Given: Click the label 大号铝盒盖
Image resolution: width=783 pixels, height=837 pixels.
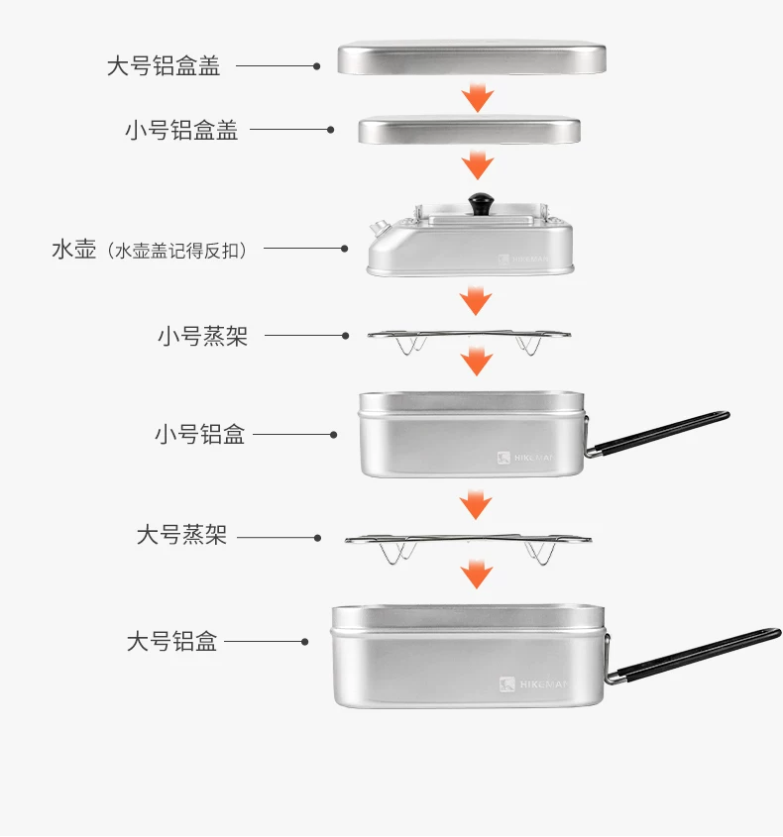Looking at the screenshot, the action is click(x=164, y=66).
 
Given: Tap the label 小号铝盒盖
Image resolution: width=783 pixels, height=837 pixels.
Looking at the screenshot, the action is click(x=181, y=130).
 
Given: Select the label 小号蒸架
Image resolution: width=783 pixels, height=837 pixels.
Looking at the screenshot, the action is click(x=202, y=337).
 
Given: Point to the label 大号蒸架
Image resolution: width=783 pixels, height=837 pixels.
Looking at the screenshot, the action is click(x=181, y=535).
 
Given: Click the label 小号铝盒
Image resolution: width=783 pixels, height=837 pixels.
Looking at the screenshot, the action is click(x=200, y=435).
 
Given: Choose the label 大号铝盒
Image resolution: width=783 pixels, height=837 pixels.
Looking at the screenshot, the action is click(x=171, y=642).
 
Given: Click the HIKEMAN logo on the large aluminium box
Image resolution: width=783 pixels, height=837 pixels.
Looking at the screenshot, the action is click(x=533, y=684).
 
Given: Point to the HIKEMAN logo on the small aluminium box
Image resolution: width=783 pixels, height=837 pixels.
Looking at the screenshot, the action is click(x=525, y=458).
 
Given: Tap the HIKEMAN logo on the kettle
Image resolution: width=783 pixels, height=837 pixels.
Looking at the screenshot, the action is click(x=523, y=260).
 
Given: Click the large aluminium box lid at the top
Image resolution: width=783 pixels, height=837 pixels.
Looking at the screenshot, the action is click(x=472, y=58).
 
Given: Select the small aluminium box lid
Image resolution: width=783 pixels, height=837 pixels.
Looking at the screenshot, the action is click(x=469, y=131).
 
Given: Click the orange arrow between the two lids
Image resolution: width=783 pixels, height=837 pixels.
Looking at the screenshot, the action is click(x=478, y=98).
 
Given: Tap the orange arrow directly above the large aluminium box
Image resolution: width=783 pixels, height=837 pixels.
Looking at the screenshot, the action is click(x=477, y=574).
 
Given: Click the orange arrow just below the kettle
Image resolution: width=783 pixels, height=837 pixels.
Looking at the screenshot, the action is click(x=476, y=300).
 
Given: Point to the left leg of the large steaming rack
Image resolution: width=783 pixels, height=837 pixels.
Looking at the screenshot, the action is click(x=397, y=553).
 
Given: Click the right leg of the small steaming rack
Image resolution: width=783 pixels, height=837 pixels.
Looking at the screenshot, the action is click(x=528, y=346).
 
